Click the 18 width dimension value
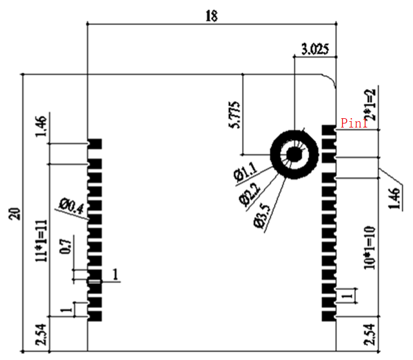212,16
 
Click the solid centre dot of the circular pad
294,155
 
